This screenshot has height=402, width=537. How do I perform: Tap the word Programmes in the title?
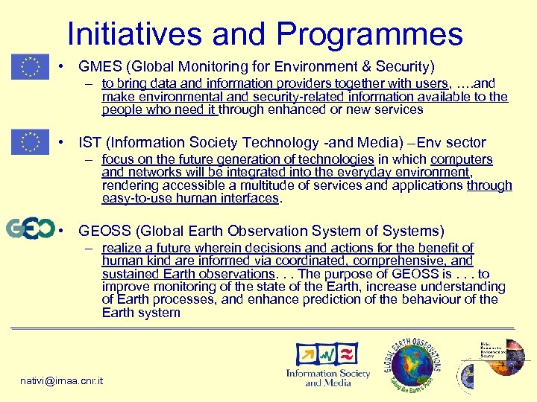click(370, 34)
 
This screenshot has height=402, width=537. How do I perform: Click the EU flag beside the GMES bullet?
click(30, 66)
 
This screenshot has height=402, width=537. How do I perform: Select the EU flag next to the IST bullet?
click(30, 141)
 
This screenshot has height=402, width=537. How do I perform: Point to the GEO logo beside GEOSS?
click(30, 229)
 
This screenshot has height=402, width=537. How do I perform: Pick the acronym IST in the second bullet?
click(89, 142)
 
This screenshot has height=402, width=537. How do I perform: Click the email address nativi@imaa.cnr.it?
click(62, 381)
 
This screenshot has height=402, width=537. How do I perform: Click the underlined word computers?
click(462, 159)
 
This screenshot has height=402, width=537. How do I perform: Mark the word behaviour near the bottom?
click(420, 299)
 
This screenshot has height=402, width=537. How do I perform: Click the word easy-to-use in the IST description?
click(136, 198)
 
